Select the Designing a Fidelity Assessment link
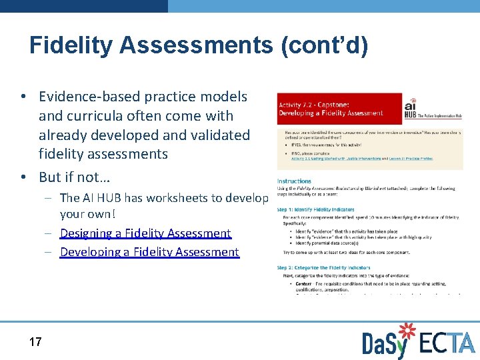(145, 233)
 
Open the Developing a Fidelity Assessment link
(149, 252)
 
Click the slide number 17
(35, 342)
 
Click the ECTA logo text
(447, 343)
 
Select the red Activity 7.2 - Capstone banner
(339, 109)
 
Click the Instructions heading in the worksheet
(294, 181)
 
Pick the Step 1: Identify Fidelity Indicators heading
(325, 209)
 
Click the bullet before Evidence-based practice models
(23, 97)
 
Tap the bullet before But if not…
(23, 178)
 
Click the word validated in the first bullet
(217, 135)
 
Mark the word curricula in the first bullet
(93, 116)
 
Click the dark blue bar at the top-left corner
(83, 5)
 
